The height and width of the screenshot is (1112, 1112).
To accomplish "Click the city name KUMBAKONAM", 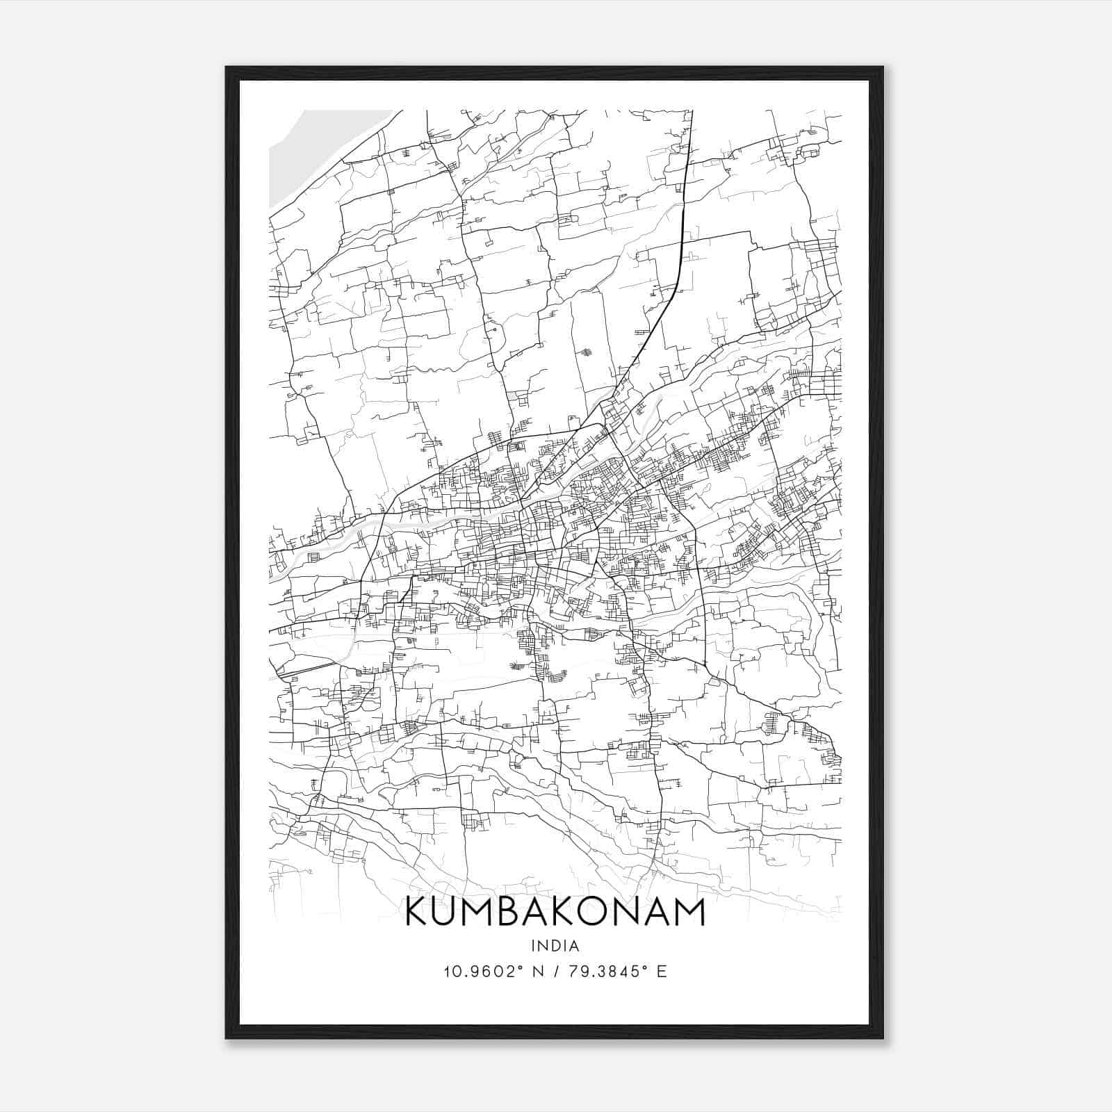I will coord(555,912).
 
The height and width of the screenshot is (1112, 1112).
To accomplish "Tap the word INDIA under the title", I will coord(555,946).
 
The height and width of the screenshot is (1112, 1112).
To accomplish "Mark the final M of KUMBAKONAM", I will coord(689,912).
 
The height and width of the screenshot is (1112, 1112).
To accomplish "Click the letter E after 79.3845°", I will coord(662,972).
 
